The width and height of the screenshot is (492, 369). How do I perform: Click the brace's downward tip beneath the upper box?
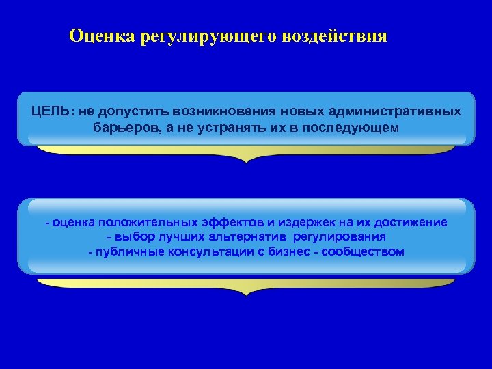point(246,161)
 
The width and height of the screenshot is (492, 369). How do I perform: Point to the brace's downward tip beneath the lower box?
point(246,294)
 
